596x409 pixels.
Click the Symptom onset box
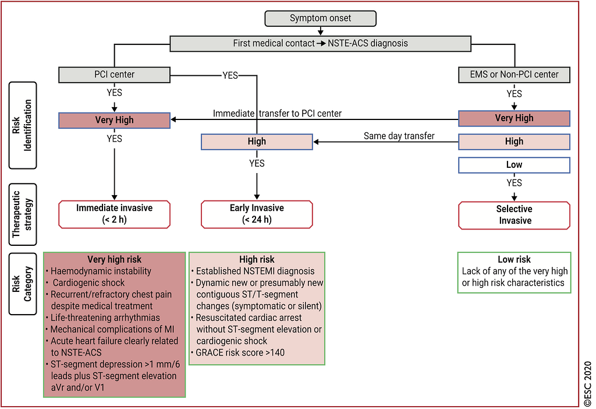[x=321, y=18]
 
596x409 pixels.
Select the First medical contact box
[x=321, y=43]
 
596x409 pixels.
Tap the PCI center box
[x=115, y=75]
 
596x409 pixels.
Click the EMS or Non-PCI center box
[x=515, y=75]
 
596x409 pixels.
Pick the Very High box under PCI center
[x=115, y=120]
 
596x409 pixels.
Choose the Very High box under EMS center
[x=515, y=118]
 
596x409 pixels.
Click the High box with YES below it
[x=257, y=142]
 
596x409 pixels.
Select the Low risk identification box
[x=515, y=165]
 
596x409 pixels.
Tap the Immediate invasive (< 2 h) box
[x=115, y=214]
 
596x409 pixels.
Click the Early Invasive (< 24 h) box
[x=257, y=214]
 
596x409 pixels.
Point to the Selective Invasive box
[x=515, y=216]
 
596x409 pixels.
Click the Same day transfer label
[x=399, y=136]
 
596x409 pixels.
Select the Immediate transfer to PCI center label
[x=277, y=114]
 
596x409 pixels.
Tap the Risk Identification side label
[x=23, y=125]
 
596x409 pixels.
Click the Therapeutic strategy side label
[x=23, y=214]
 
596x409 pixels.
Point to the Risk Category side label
[x=23, y=284]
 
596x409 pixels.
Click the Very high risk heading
[x=115, y=259]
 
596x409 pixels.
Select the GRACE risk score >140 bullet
[x=238, y=352]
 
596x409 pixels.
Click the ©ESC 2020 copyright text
[x=588, y=385]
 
